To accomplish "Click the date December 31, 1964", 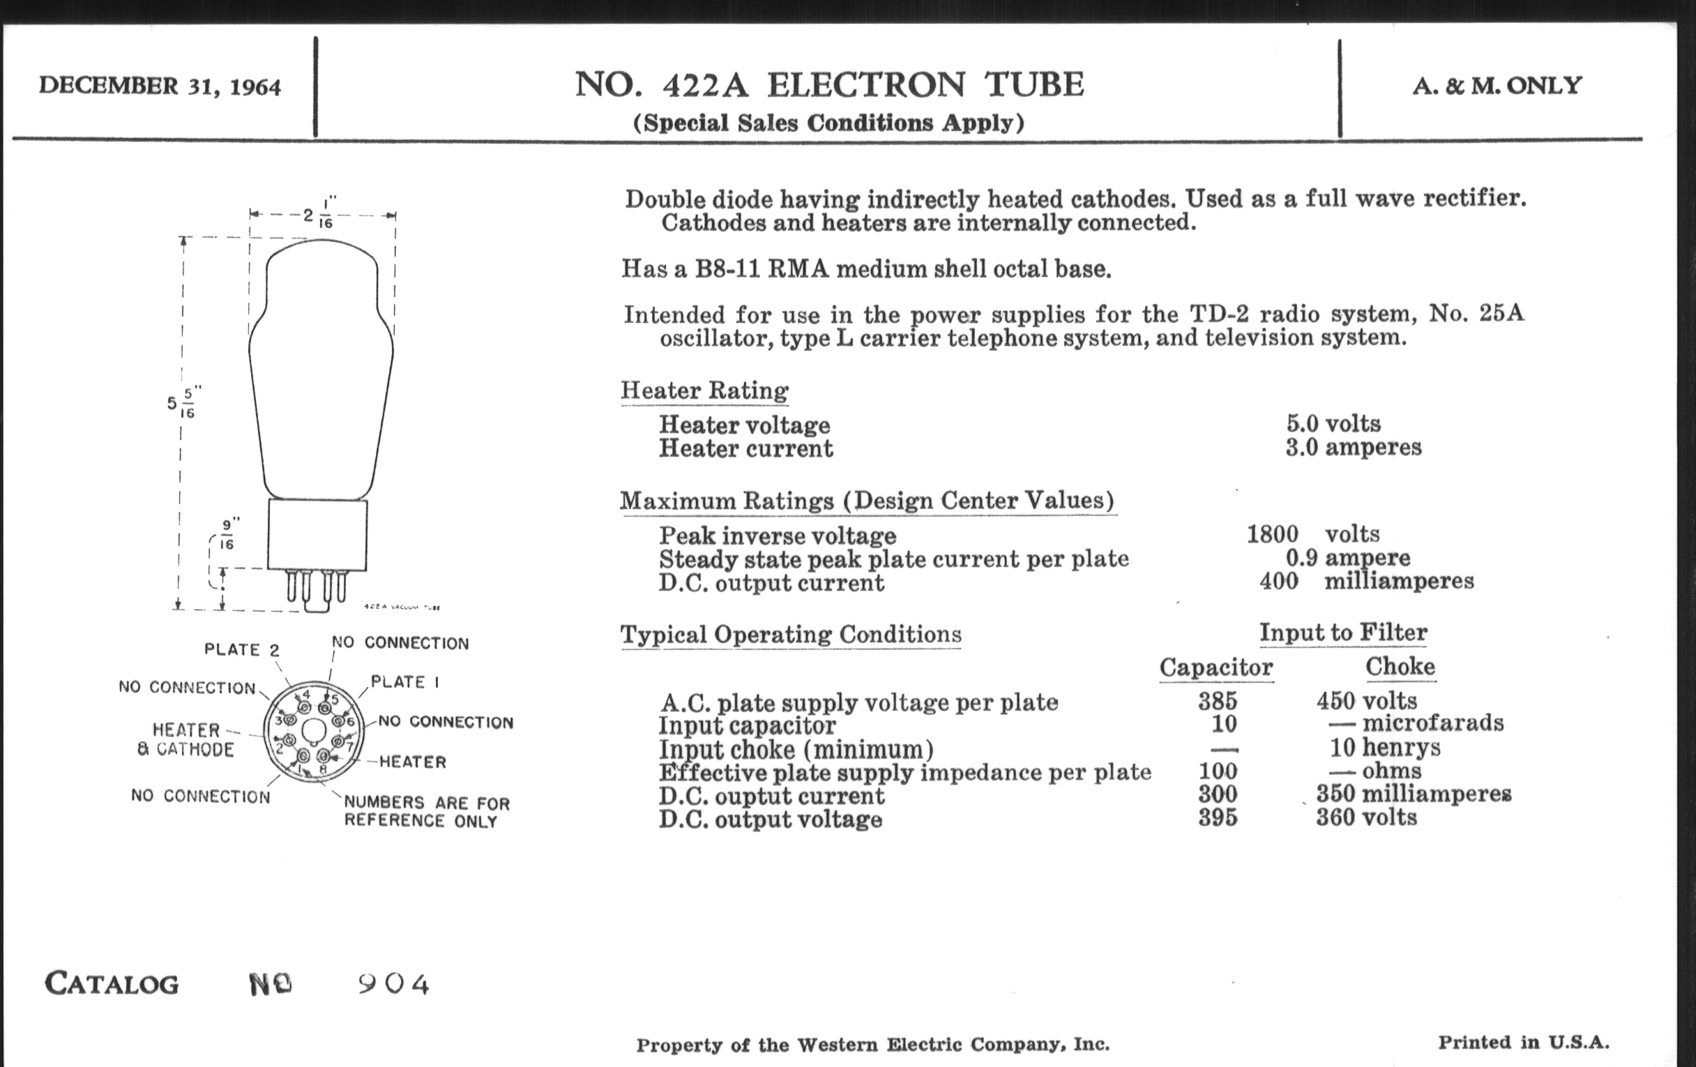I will point(160,86).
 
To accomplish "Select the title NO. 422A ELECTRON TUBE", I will point(829,84).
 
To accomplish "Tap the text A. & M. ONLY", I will point(1497,86).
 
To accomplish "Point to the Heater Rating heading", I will point(704,390).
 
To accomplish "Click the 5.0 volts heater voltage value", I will point(1333,423).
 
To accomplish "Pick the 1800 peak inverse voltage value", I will point(1272,534).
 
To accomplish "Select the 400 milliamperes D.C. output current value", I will point(1365,581).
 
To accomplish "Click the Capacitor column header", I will point(1216,667).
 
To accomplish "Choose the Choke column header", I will point(1400,666).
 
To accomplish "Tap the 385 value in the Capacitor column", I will point(1217,701).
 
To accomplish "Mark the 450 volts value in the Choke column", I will point(1365,701).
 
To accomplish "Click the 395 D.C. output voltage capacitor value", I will point(1217,817).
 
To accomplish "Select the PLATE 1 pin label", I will point(405,682).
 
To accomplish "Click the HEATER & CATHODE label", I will point(186,739).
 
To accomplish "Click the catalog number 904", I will point(394,984).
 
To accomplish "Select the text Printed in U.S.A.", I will point(1523,1043).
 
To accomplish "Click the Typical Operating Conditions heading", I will point(790,635).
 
